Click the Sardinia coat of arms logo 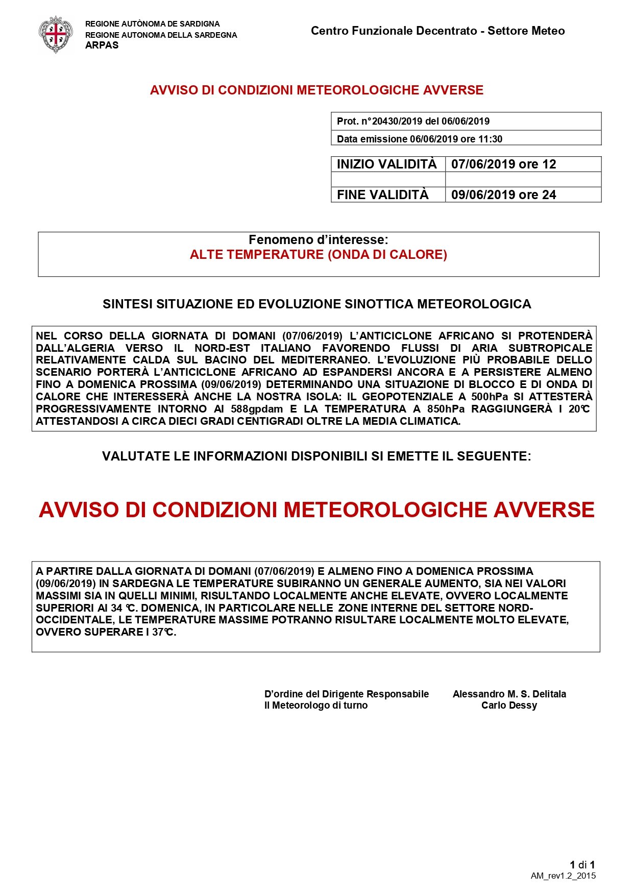[56, 34]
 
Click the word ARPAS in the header [102, 45]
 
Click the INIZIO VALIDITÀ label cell [387, 164]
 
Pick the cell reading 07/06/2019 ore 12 [503, 164]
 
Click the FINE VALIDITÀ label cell [383, 195]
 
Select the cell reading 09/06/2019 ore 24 [503, 195]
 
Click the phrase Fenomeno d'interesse [318, 240]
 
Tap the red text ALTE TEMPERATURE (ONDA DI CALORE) [318, 255]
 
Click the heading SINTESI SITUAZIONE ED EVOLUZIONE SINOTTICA [316, 304]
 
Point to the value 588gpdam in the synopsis [257, 409]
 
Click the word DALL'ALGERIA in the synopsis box [76, 348]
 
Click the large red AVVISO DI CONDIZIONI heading [316, 510]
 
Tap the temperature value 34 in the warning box [116, 608]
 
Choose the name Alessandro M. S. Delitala [509, 694]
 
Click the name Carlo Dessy [509, 706]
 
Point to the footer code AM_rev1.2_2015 [563, 876]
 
